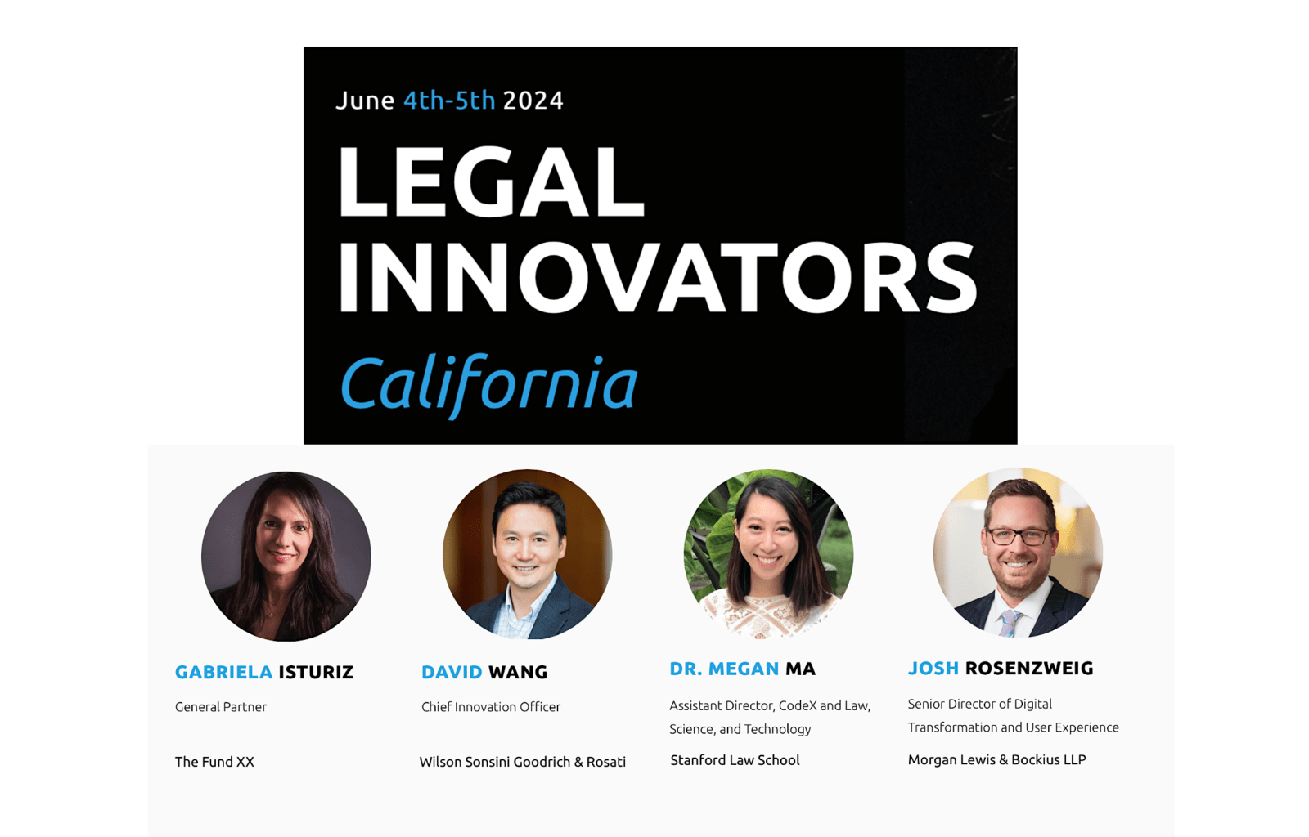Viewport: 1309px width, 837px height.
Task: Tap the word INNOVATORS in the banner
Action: (x=657, y=278)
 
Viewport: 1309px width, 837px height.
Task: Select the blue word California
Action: (x=488, y=383)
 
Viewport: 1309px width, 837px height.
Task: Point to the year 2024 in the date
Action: (x=533, y=101)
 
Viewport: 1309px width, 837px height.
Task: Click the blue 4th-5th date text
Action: (x=449, y=101)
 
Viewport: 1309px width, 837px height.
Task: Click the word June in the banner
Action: (x=365, y=101)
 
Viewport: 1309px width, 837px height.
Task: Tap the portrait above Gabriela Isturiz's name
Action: (x=286, y=556)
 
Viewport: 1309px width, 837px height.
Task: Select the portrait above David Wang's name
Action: (x=527, y=554)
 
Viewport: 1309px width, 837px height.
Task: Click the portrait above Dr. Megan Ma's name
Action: (x=768, y=553)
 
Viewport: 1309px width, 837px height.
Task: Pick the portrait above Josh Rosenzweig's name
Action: (x=1018, y=553)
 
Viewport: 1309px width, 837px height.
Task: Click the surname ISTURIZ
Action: (x=316, y=672)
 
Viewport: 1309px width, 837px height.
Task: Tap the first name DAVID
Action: (x=452, y=672)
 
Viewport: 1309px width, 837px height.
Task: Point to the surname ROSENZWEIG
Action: (x=1029, y=668)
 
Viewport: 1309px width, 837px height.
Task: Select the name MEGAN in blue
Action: (x=743, y=669)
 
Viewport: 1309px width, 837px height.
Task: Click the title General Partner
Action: (x=221, y=707)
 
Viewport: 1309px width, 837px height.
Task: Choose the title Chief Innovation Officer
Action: (x=491, y=707)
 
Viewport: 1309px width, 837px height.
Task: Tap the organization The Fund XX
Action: (x=214, y=762)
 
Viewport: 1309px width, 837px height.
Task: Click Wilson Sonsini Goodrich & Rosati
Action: (x=522, y=762)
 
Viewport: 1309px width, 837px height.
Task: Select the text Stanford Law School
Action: (x=735, y=760)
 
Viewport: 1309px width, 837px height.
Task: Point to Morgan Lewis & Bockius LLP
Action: (x=996, y=759)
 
